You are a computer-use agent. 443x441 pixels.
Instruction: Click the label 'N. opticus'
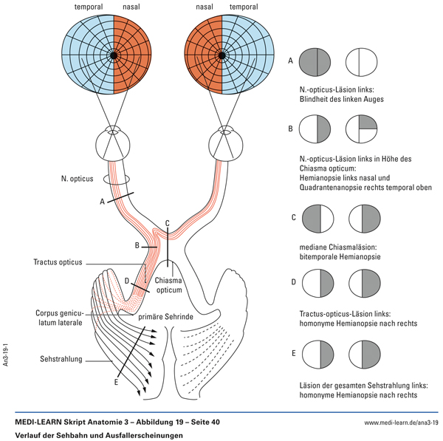tap(81, 179)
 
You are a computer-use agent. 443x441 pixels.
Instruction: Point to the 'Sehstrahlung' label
tap(61, 360)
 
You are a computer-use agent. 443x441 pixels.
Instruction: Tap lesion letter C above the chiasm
tap(168, 223)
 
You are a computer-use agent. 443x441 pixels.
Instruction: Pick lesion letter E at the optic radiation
tap(116, 383)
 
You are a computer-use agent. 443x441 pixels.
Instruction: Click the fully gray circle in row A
tap(317, 62)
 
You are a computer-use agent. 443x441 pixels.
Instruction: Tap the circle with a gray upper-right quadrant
tap(363, 129)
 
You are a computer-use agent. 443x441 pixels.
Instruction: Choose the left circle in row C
tap(317, 219)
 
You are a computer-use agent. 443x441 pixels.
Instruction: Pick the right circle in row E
tap(363, 354)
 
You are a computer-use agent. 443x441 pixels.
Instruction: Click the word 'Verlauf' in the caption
tap(30, 435)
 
